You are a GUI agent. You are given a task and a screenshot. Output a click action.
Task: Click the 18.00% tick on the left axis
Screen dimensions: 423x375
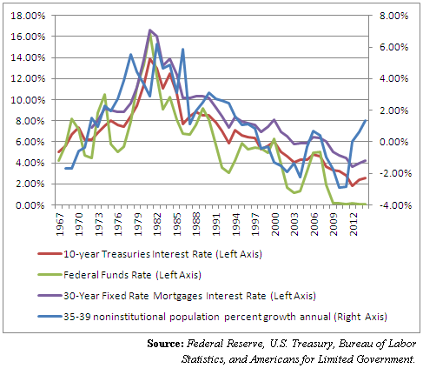coord(28,16)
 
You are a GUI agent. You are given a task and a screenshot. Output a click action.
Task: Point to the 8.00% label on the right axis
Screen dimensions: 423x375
coord(393,16)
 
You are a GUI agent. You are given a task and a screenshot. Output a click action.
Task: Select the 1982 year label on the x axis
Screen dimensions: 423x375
coord(157,224)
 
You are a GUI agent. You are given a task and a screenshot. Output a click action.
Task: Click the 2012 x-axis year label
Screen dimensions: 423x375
coord(354,224)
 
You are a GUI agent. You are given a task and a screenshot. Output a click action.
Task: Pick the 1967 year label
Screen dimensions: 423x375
coord(59,224)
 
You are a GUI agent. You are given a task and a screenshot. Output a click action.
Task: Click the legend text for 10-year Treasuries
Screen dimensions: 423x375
coord(162,254)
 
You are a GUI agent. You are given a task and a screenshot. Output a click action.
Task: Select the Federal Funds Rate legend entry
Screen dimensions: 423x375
coord(132,275)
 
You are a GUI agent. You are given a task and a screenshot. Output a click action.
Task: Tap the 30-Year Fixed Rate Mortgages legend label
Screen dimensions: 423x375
coord(189,296)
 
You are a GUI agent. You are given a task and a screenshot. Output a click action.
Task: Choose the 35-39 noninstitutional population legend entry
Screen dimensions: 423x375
coord(225,317)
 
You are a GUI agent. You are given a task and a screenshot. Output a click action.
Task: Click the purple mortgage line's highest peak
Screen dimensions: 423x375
coord(150,30)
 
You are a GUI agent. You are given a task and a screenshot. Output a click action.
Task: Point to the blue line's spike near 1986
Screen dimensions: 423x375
coord(183,49)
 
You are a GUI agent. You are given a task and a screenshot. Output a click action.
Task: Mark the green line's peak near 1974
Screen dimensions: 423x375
coord(105,94)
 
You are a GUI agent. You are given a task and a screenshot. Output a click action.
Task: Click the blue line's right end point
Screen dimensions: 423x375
coord(366,120)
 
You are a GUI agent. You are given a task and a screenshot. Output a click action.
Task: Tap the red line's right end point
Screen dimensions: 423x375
coord(366,177)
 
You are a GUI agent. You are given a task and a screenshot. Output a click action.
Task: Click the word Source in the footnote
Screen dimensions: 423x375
coord(165,344)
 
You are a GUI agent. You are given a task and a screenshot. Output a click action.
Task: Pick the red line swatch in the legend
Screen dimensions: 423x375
coord(50,254)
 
